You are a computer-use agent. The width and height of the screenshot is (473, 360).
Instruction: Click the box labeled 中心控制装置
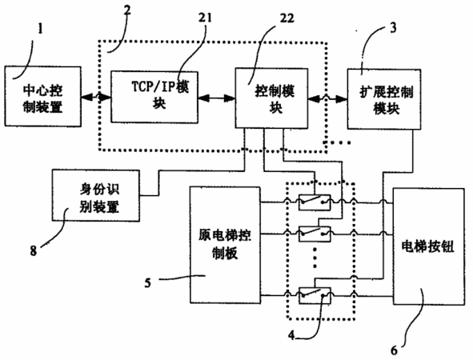43,96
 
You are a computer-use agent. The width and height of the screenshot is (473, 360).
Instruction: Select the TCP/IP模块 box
154,97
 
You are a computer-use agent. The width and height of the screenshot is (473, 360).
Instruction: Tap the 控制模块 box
271,98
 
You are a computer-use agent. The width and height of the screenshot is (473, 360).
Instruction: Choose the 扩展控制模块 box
384,99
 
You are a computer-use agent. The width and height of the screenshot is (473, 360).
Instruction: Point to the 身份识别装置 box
96,195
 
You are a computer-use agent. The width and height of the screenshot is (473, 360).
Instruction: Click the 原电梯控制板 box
226,245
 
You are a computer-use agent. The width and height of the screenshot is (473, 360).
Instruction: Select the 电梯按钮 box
429,246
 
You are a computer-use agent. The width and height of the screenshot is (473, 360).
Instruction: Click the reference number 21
205,18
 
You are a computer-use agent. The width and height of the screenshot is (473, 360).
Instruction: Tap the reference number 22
287,18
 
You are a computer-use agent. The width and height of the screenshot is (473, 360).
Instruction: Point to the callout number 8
33,250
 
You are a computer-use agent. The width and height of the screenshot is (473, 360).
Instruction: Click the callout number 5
147,283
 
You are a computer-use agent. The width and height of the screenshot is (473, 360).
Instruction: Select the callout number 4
291,335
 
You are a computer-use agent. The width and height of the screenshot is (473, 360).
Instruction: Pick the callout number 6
394,350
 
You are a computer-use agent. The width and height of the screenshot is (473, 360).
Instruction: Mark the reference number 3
393,28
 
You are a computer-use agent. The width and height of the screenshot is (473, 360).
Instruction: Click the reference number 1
40,29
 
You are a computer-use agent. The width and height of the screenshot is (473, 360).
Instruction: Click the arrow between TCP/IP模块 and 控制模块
217,98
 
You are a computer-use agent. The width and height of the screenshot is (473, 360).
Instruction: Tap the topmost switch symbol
315,202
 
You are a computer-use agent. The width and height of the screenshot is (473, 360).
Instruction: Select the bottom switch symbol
315,295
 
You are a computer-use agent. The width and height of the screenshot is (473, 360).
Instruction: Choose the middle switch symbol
315,234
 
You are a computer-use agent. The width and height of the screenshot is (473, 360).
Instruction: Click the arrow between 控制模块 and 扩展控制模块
327,98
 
